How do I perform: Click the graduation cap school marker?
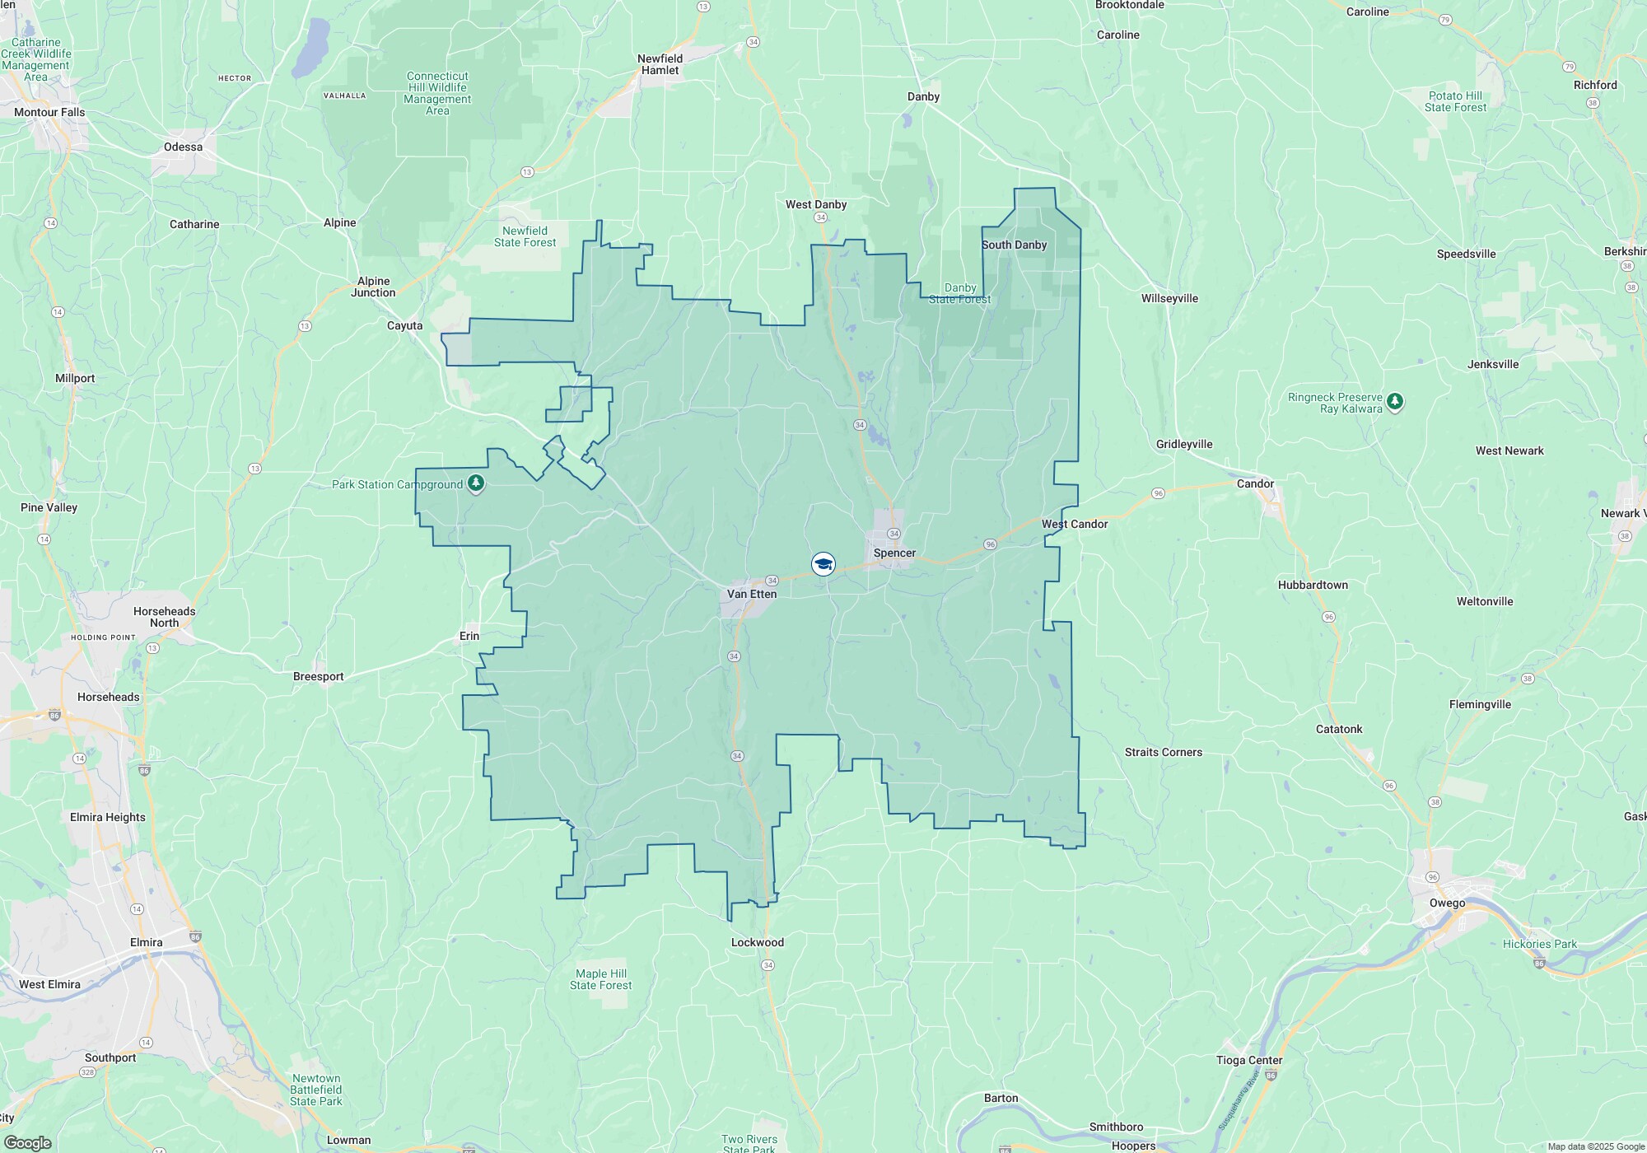click(823, 564)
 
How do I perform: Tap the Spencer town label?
click(894, 553)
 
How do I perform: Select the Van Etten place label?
click(751, 594)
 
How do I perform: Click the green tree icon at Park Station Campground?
click(476, 483)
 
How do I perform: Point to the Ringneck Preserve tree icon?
click(1394, 402)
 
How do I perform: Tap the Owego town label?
click(1447, 903)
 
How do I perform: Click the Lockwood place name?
click(758, 942)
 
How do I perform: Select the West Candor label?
click(1075, 524)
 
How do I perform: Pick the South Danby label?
click(1014, 245)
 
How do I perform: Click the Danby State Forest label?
click(960, 293)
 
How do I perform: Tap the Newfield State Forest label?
click(525, 236)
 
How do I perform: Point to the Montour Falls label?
click(49, 112)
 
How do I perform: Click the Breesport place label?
click(319, 676)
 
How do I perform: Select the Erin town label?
click(469, 636)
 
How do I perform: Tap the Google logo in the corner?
click(27, 1143)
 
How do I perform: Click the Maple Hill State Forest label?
click(601, 979)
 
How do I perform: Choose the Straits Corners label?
click(1164, 752)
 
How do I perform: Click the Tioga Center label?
click(1249, 1060)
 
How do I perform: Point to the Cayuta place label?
click(405, 325)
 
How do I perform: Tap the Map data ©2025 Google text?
click(1596, 1146)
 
